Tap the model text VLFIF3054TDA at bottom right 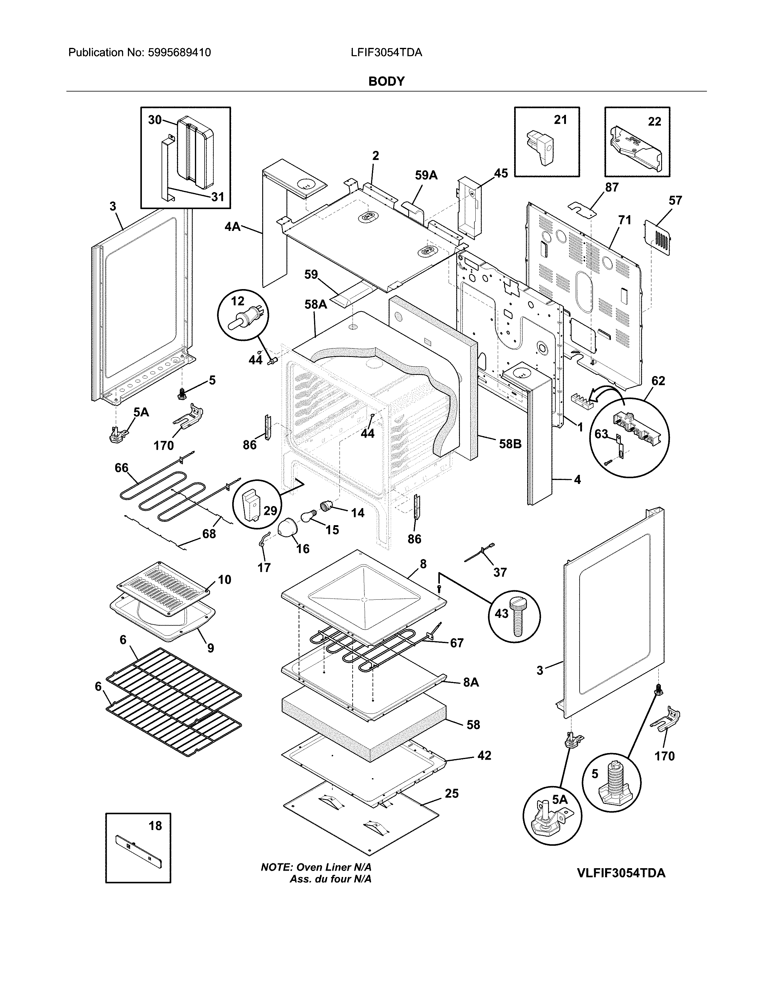point(621,873)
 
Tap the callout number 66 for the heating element point(121,468)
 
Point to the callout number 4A point(233,226)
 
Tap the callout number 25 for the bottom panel point(452,793)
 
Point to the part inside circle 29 point(250,504)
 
